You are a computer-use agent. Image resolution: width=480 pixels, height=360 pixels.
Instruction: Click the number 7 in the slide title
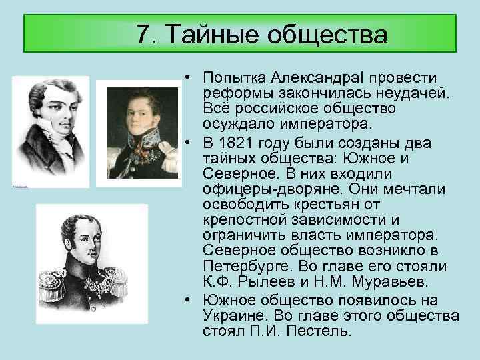click(142, 34)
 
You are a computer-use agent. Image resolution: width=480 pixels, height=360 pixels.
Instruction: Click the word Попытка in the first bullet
click(235, 79)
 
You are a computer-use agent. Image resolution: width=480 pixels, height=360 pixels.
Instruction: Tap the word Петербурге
click(243, 266)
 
